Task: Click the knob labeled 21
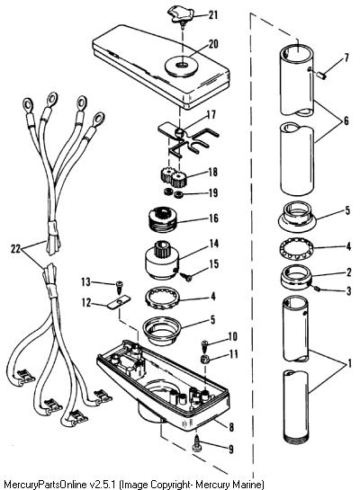coord(180,15)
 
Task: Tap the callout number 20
coord(213,44)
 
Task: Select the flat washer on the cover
coord(180,66)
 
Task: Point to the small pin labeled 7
coord(321,75)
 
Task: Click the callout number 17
coord(211,115)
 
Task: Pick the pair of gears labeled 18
coord(174,177)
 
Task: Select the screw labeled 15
coord(186,277)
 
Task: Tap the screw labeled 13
coord(120,287)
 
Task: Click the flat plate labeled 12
coord(120,302)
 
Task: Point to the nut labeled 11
coord(204,359)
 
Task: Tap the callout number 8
coord(231,427)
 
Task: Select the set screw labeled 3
coord(318,290)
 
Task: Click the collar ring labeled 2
coord(296,276)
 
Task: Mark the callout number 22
coord(15,249)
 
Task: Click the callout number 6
coord(346,120)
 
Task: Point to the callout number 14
coord(213,243)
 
